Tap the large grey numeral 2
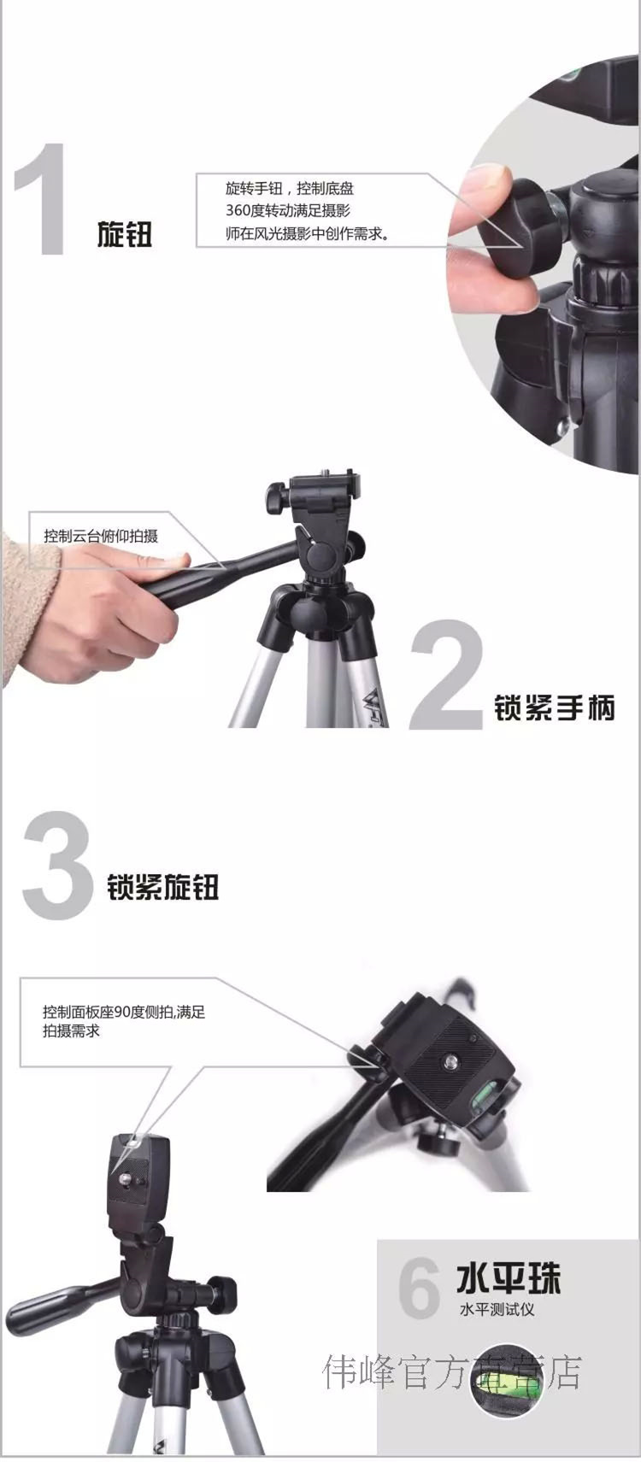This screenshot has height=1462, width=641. click(448, 674)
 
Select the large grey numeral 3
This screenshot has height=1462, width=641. click(58, 866)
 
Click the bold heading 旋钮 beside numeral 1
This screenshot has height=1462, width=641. click(124, 234)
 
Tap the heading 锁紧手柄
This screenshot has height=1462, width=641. click(554, 708)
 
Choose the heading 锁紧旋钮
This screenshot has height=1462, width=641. click(162, 887)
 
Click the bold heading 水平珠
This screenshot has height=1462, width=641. click(509, 1278)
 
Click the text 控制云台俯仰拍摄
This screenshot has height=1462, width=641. click(101, 537)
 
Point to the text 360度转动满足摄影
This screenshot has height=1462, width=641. click(288, 210)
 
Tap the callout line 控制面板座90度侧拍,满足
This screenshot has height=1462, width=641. click(124, 1013)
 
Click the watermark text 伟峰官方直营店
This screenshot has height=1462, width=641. click(451, 1370)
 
